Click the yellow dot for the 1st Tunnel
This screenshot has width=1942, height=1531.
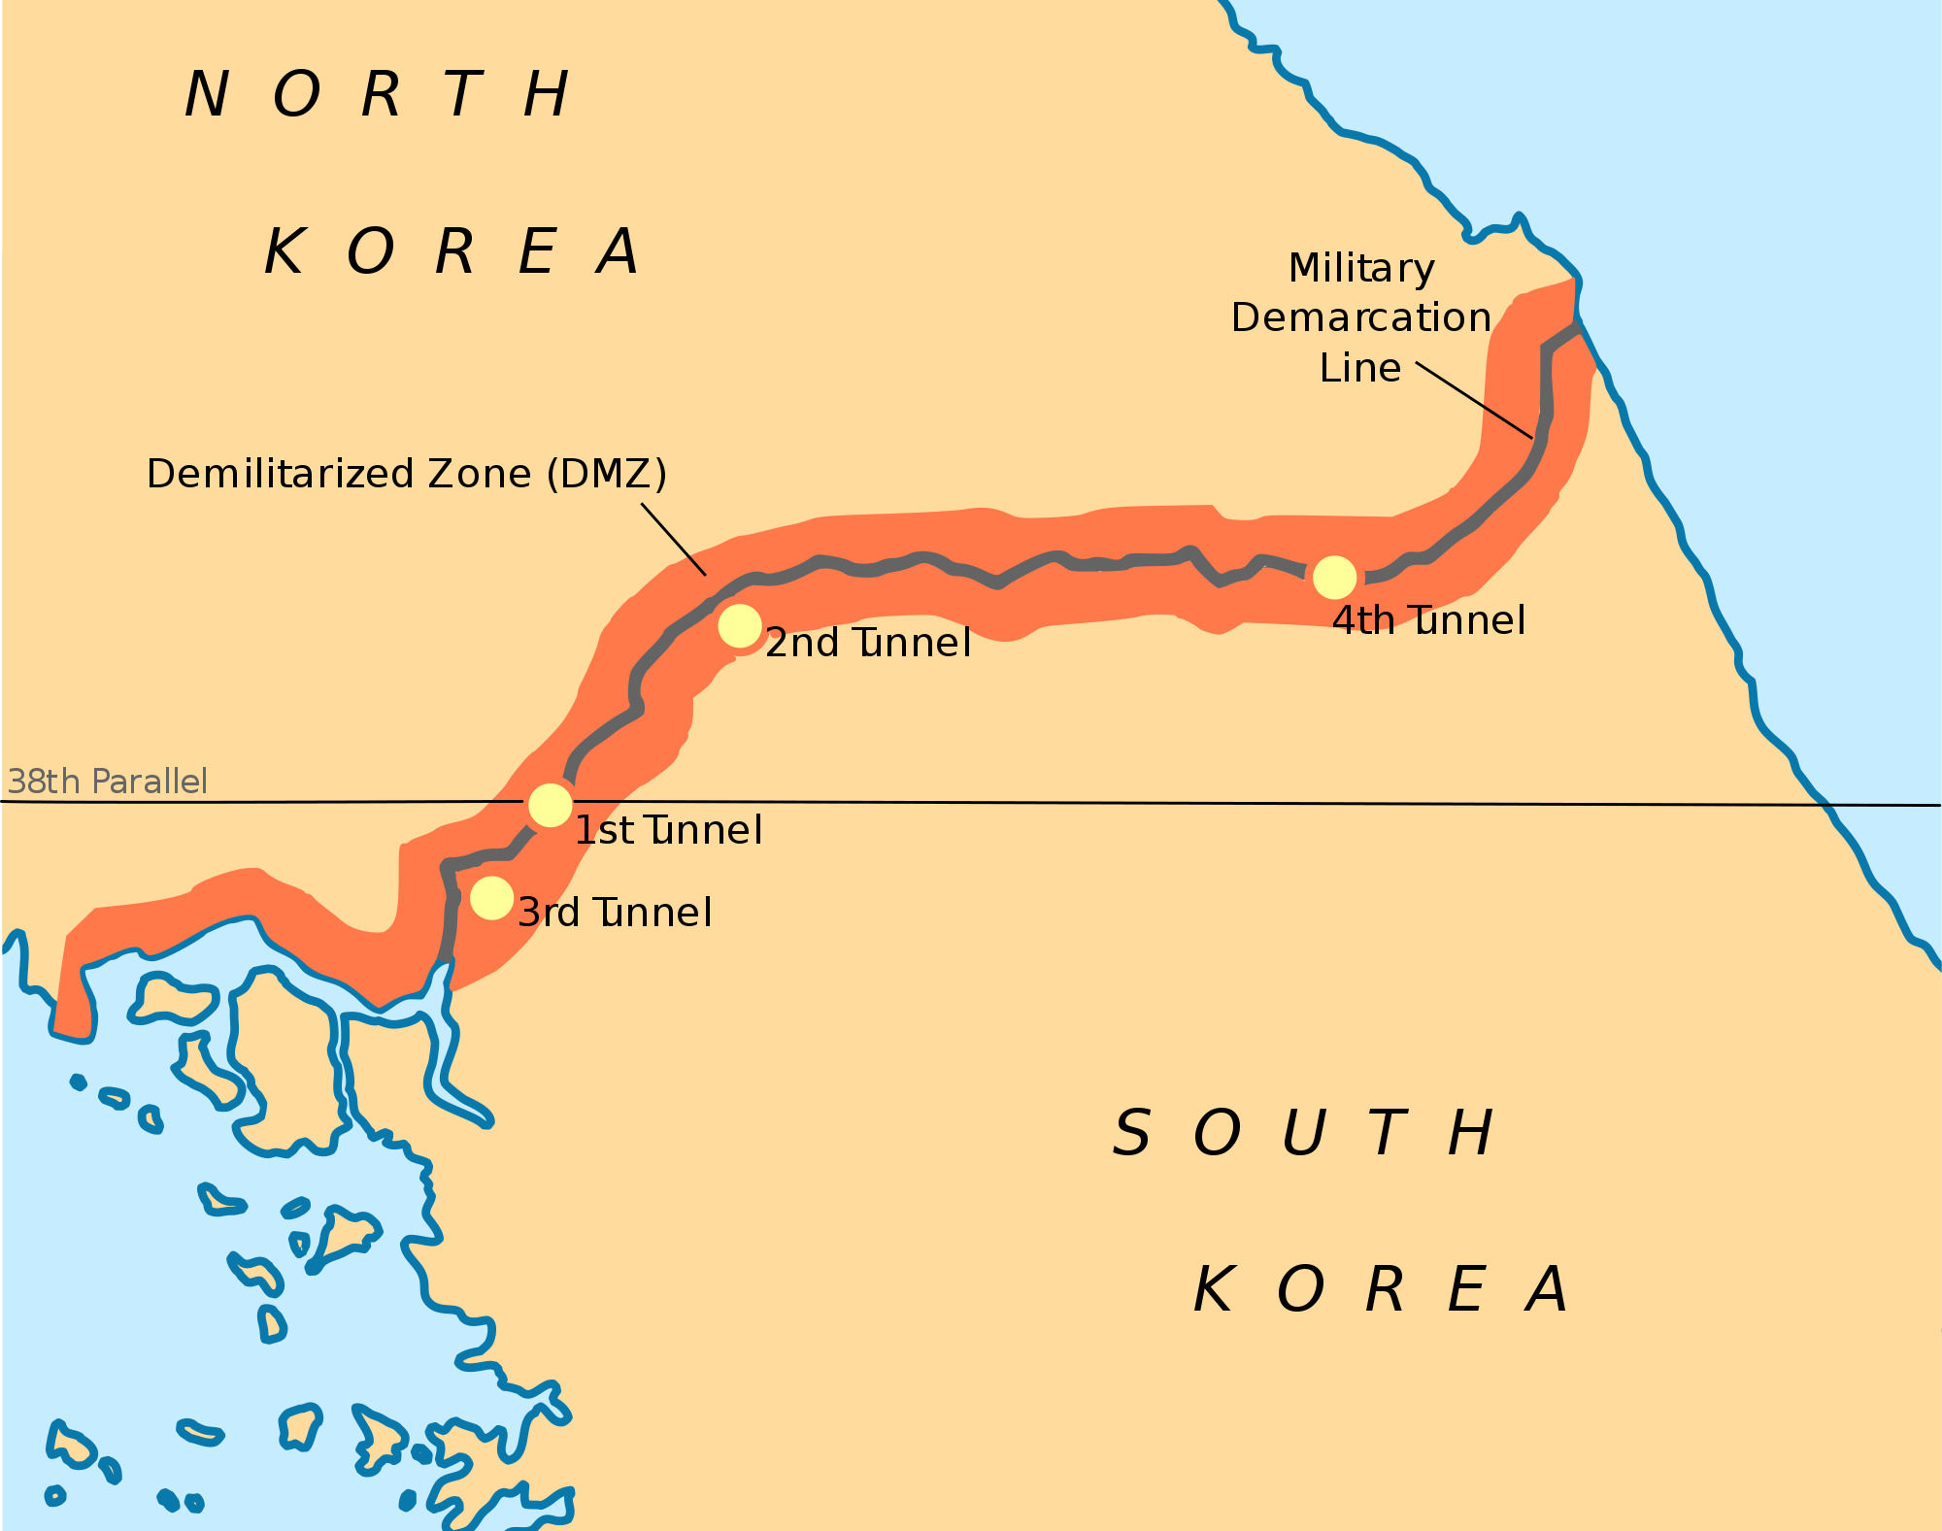551,805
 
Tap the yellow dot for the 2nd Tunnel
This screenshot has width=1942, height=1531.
740,626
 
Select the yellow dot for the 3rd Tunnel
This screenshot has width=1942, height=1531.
491,898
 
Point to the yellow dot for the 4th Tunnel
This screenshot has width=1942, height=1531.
1334,578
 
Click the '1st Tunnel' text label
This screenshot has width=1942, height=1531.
668,831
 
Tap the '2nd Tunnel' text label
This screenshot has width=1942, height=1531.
868,643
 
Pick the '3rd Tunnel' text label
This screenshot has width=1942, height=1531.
616,913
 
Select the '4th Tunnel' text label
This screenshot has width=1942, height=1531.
1428,620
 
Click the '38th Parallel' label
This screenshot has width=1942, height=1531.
108,782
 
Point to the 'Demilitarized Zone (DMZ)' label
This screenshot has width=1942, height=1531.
407,474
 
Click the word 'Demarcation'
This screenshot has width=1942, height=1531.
1361,317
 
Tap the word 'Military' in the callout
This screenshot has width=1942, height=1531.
1361,269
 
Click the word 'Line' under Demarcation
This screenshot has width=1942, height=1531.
1360,368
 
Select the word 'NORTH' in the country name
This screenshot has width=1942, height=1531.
377,95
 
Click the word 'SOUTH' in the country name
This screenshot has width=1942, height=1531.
1302,1133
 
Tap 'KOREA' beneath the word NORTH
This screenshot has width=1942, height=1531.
452,252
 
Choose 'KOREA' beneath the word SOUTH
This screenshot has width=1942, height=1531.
1380,1290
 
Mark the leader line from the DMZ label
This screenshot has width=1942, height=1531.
674,540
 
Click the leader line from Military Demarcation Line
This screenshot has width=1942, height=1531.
1474,400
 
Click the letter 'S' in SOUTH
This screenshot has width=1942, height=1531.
1132,1133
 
